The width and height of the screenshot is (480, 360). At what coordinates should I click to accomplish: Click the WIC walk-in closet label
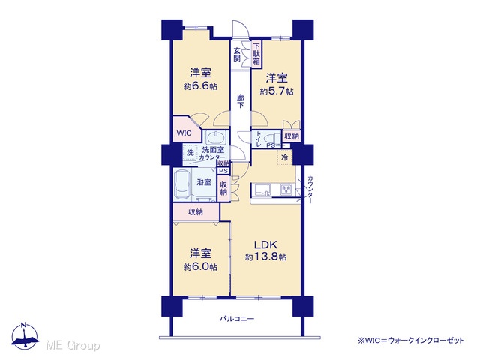click(x=184, y=133)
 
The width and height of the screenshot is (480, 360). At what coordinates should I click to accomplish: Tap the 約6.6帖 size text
click(x=200, y=86)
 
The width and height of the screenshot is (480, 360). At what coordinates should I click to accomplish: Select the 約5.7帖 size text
click(x=277, y=91)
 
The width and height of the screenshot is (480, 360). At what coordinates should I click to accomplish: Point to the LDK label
click(x=266, y=244)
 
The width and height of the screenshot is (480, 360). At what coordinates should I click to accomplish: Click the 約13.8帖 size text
click(x=266, y=256)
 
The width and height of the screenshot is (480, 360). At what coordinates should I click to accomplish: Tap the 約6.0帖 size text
click(x=200, y=267)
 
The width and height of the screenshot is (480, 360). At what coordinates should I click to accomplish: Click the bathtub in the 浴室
click(x=182, y=185)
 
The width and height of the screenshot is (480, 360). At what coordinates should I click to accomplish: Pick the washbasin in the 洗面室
click(x=216, y=138)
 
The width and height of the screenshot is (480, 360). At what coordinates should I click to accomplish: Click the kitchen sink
click(x=261, y=190)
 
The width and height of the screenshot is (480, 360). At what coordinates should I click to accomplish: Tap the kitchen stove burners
click(x=286, y=189)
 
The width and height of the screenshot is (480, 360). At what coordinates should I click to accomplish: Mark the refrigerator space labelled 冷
click(x=285, y=157)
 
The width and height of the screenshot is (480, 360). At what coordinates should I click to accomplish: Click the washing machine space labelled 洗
click(x=190, y=152)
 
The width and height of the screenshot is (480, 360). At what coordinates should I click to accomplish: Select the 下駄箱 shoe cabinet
click(x=256, y=54)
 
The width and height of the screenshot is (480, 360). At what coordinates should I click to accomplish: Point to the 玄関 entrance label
click(x=237, y=54)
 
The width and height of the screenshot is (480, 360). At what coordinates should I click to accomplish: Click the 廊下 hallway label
click(x=241, y=101)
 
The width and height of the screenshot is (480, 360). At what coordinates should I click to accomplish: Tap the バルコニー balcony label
click(x=237, y=319)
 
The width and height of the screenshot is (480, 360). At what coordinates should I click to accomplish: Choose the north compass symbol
click(x=25, y=335)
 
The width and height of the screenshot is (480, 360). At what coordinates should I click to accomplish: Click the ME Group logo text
click(x=73, y=346)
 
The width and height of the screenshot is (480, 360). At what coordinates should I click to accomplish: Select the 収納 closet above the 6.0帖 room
click(x=196, y=212)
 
